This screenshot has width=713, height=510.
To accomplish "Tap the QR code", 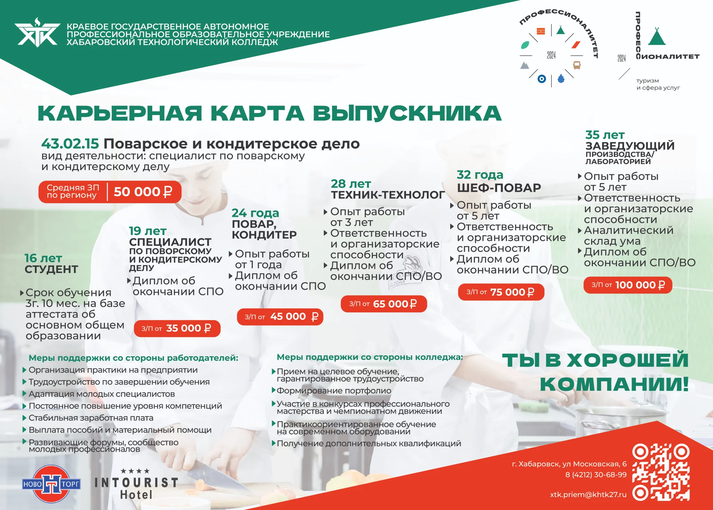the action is click(x=660, y=472).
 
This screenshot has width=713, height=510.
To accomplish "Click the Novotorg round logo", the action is click(x=51, y=484).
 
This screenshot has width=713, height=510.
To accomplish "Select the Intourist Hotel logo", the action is click(x=136, y=486).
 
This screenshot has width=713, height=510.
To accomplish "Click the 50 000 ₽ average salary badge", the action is click(x=110, y=192).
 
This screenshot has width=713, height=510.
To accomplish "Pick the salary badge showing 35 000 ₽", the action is click(x=177, y=328).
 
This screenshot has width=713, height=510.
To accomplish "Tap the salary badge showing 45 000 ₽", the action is click(x=280, y=317).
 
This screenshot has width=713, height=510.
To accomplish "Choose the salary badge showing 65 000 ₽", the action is click(x=383, y=304).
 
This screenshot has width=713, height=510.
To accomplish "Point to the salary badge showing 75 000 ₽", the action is click(x=500, y=292).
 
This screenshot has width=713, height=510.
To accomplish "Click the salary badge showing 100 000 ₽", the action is click(x=627, y=285).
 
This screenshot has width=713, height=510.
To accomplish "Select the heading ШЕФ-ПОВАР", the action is click(x=499, y=188).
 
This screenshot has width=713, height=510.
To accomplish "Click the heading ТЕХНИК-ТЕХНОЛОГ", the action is click(x=387, y=195).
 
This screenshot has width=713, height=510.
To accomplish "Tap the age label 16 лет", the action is click(x=43, y=258).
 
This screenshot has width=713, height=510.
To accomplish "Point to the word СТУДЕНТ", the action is click(x=51, y=269).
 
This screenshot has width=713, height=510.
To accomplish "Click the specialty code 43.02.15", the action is click(x=70, y=144).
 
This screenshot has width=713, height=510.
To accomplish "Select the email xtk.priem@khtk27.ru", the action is click(x=588, y=495).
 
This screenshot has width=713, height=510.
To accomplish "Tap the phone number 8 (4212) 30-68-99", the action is click(x=596, y=475).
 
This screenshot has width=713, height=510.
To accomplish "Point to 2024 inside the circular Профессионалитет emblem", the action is click(x=551, y=55).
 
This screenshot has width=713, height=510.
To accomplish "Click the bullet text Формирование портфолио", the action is click(x=334, y=391).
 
